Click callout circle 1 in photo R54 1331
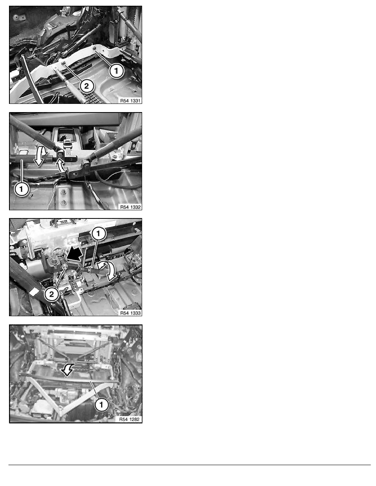coord(117,71)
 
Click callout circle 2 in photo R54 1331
coord(86,85)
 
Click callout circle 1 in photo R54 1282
coord(101,405)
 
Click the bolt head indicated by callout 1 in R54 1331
coord(95,49)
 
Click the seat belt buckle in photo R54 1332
coord(66,144)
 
